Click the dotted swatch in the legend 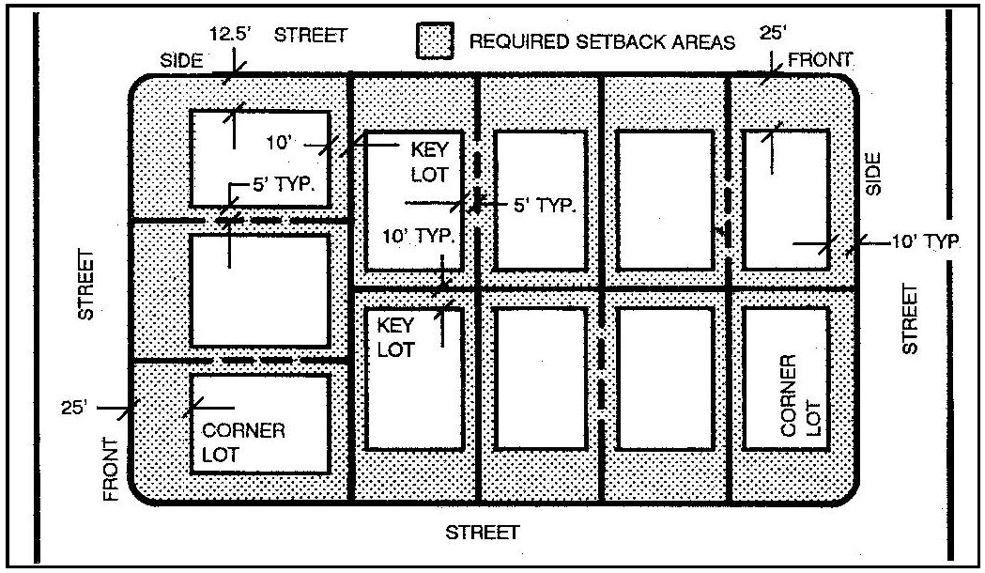pos(435,40)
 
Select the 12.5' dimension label pos(230,33)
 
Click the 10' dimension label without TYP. pos(280,143)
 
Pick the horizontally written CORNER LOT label pos(243,442)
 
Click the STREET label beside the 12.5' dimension pos(310,35)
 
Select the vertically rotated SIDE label pos(873,174)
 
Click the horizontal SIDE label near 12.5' pos(181,61)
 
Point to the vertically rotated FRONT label pos(111,470)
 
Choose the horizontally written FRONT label pos(820,60)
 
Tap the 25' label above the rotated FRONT pos(75,408)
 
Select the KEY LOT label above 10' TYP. pos(430,163)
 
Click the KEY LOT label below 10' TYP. pos(395,337)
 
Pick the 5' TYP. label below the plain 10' pos(284,184)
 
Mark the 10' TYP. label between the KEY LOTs pos(419,236)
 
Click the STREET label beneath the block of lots pos(483,533)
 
